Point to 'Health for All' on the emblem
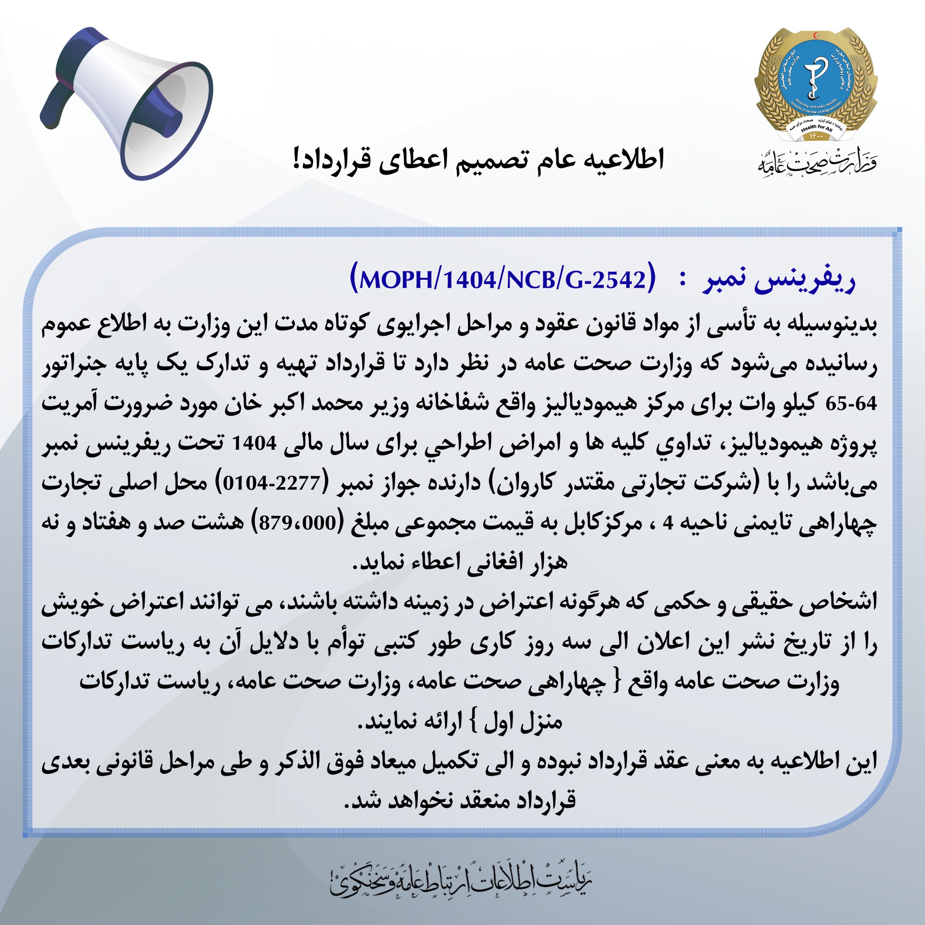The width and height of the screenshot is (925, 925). [x=816, y=128]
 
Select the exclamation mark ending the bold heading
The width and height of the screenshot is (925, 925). [x=297, y=159]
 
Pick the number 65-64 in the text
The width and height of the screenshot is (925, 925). [x=851, y=404]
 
